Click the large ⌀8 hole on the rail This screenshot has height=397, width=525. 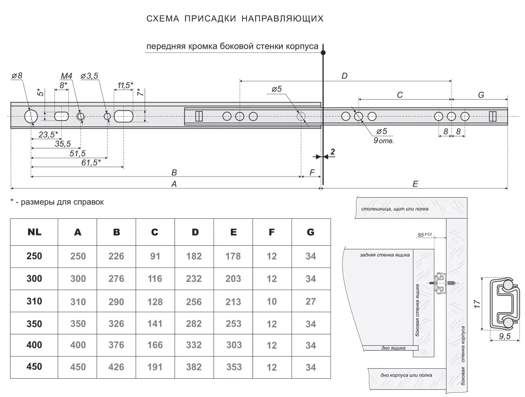(31, 117)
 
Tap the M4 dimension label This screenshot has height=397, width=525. (66, 76)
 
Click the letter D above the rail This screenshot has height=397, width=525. (344, 76)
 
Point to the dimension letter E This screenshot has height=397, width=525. (415, 184)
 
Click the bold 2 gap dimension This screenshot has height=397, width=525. (333, 152)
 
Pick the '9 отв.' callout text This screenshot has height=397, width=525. (384, 140)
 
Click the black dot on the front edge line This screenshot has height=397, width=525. (323, 53)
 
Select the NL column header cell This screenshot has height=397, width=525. (34, 232)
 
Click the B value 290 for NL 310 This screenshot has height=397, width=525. (116, 301)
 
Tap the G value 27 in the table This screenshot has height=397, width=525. (311, 301)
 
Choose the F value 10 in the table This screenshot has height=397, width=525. (272, 301)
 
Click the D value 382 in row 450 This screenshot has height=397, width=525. (194, 367)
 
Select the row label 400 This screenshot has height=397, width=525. (34, 345)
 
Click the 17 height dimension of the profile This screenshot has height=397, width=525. (477, 304)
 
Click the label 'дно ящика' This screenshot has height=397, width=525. (393, 348)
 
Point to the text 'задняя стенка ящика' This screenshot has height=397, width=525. (384, 255)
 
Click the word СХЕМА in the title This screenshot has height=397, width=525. (163, 19)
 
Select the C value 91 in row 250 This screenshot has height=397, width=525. (155, 256)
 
